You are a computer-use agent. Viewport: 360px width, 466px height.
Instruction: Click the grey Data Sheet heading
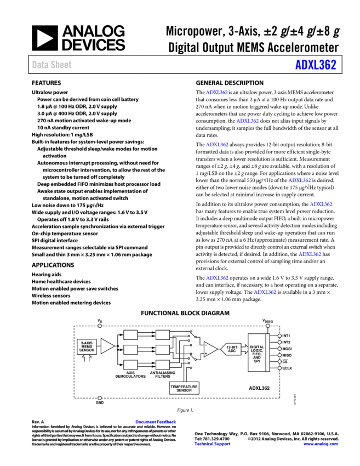point(52,65)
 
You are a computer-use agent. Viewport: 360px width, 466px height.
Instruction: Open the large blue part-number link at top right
point(316,65)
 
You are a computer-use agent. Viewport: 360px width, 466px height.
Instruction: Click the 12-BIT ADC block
point(232,349)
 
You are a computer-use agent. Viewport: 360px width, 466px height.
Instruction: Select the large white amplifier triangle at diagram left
point(107,346)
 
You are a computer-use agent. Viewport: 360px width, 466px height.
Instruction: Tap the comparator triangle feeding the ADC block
point(210,349)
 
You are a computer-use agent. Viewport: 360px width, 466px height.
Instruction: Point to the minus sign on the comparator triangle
point(206,353)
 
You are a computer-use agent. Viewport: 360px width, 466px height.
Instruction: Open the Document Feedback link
point(156,422)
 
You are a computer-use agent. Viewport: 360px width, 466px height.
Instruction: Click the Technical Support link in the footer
point(212,444)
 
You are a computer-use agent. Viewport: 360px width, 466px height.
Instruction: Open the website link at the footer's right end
point(320,444)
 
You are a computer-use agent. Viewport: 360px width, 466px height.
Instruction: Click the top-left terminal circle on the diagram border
point(100,326)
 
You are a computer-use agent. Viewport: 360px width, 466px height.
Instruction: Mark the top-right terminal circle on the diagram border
point(268,326)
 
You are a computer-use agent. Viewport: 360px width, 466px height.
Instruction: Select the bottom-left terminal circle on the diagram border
point(100,398)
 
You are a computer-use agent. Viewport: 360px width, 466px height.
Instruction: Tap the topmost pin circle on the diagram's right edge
point(279,336)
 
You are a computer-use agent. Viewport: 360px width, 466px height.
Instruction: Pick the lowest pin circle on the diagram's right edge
point(279,368)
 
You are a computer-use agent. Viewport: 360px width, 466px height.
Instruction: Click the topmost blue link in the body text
point(216,93)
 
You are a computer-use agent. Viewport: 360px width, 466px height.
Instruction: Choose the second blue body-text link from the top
point(247,121)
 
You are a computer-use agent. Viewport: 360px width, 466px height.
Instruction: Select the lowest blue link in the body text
point(265,292)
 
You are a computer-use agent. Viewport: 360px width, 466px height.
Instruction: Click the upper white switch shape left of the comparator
point(197,341)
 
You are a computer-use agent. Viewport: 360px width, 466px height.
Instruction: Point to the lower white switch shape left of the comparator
point(198,356)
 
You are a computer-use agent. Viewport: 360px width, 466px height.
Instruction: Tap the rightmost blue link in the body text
point(321,204)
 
